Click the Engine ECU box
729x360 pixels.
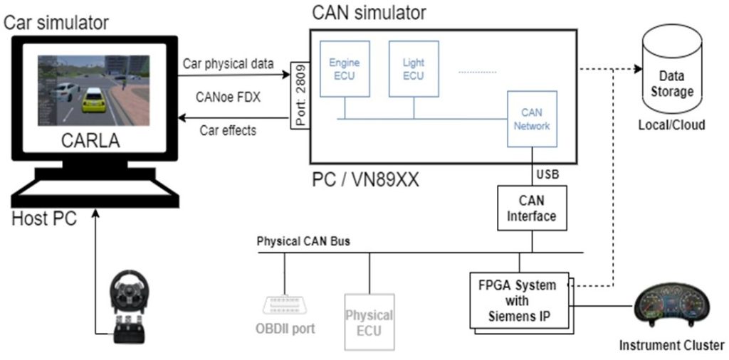(x=344, y=68)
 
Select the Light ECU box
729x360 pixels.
(x=414, y=68)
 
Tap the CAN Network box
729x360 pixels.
(x=532, y=119)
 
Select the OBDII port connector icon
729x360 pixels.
(x=284, y=306)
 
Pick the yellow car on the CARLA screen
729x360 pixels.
(x=93, y=99)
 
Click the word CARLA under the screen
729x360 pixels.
(x=90, y=142)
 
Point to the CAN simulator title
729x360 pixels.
(x=369, y=12)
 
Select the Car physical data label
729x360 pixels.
(x=228, y=63)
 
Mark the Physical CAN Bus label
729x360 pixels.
(x=303, y=240)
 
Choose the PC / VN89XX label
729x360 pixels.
(x=363, y=180)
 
